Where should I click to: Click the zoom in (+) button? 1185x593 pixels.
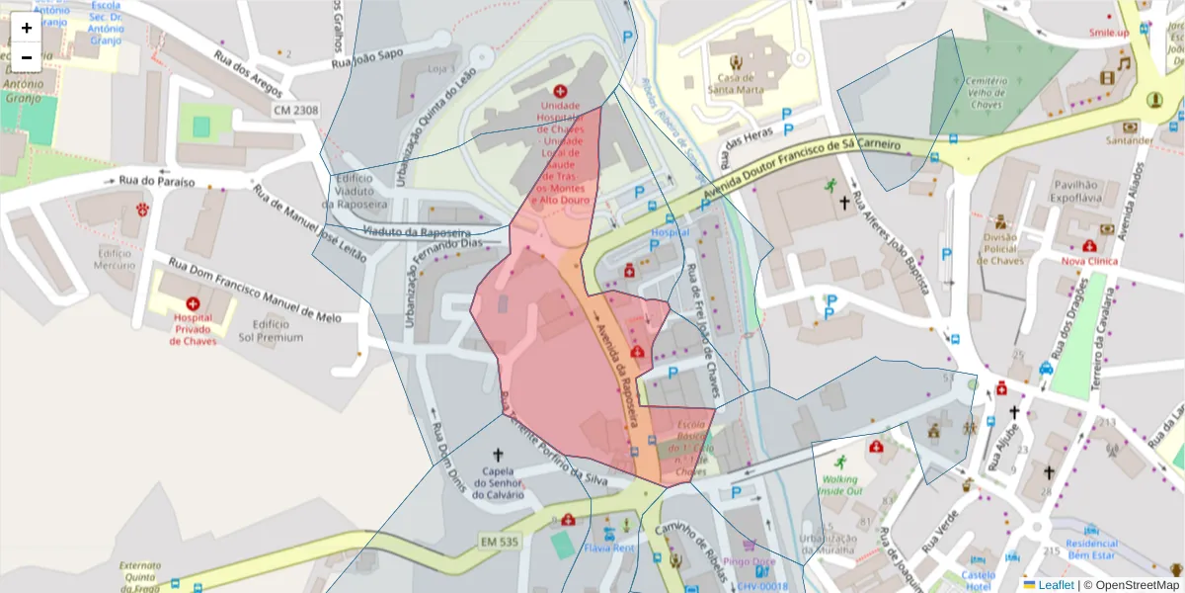pyautogui.click(x=27, y=28)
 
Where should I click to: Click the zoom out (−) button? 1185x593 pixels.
pyautogui.click(x=27, y=57)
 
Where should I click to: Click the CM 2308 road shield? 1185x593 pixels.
pyautogui.click(x=296, y=110)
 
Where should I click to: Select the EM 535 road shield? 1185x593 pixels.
pyautogui.click(x=501, y=542)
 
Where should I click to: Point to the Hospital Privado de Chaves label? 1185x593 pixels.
pyautogui.click(x=193, y=329)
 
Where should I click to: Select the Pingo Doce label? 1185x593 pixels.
pyautogui.click(x=750, y=561)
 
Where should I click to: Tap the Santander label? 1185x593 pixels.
pyautogui.click(x=1129, y=140)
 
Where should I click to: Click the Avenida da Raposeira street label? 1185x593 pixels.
pyautogui.click(x=615, y=360)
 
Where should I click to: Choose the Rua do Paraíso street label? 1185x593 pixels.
pyautogui.click(x=156, y=182)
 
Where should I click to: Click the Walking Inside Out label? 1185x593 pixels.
pyautogui.click(x=840, y=484)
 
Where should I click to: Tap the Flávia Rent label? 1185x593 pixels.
pyautogui.click(x=609, y=547)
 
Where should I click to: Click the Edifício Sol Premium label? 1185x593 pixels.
pyautogui.click(x=271, y=330)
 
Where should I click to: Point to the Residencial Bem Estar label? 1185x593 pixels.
pyautogui.click(x=1091, y=549)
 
